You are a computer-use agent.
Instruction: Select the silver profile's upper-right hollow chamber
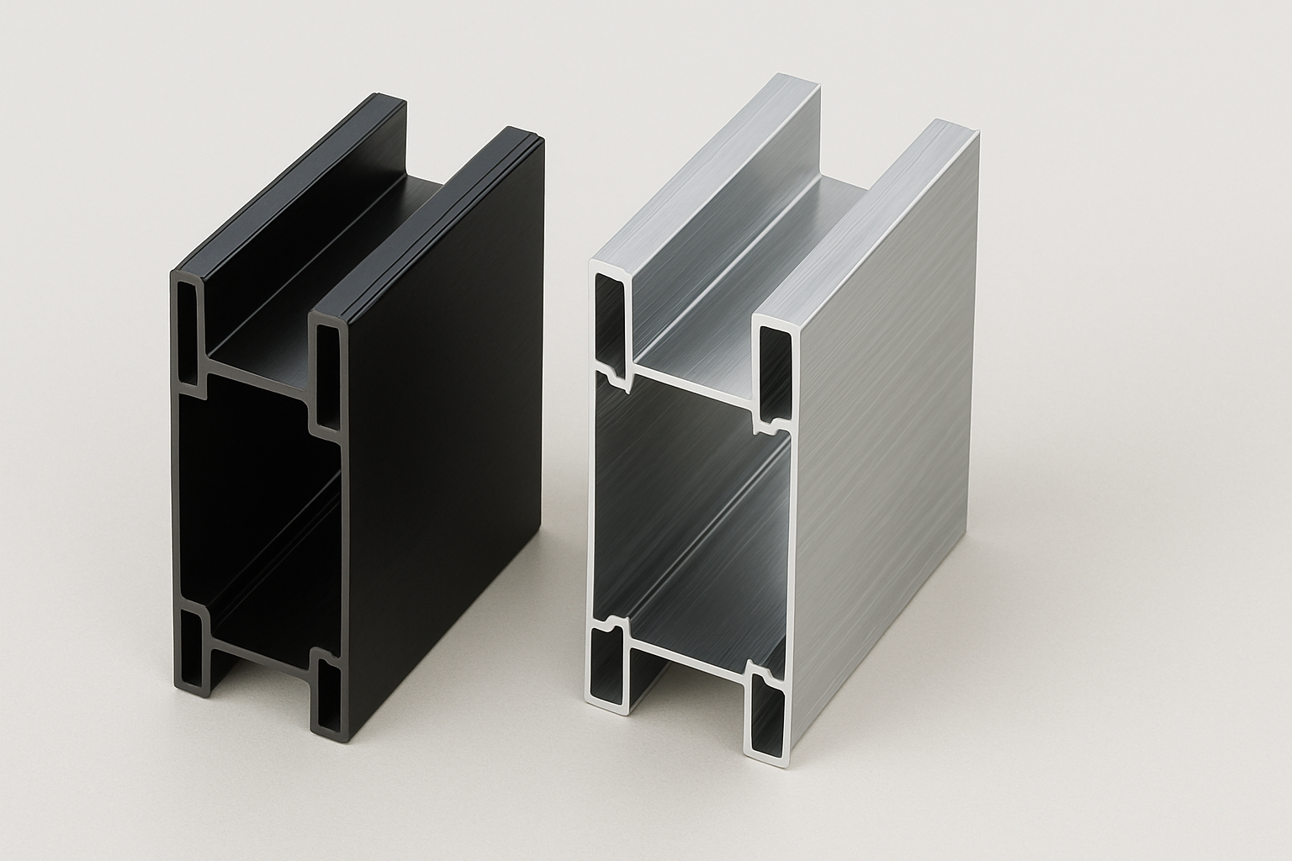[x=774, y=370]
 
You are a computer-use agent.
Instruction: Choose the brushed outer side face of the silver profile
[x=892, y=420]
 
